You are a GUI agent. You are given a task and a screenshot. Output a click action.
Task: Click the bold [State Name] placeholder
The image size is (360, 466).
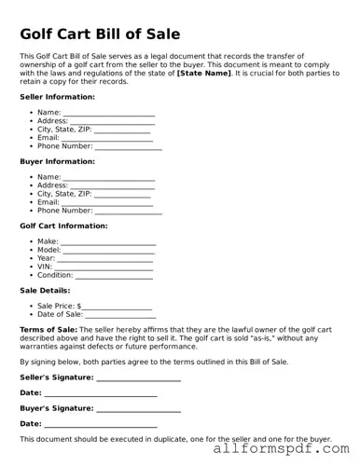204,72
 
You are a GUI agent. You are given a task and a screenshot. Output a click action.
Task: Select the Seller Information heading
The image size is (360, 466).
57,97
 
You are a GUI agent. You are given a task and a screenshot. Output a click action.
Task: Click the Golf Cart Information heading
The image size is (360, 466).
63,226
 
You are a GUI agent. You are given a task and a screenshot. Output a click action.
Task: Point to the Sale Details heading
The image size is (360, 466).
45,291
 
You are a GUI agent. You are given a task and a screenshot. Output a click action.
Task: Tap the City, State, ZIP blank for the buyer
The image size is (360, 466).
122,196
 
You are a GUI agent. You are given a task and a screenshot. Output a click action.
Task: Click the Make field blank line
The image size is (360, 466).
108,243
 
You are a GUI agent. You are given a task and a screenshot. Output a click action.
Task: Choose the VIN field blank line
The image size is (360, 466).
104,268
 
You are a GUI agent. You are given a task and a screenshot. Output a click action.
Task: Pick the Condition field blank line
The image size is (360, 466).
114,277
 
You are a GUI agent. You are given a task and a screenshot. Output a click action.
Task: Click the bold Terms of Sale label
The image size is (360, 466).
48,330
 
